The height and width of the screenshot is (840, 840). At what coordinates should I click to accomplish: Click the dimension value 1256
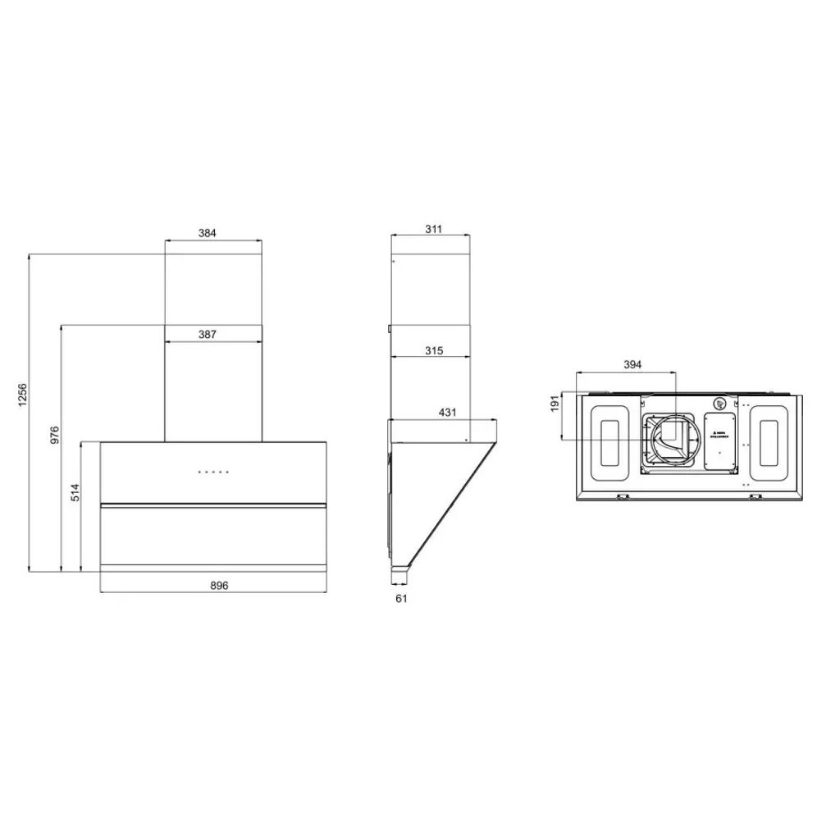pos(22,397)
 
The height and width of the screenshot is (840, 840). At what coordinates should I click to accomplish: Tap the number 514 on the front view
pos(74,492)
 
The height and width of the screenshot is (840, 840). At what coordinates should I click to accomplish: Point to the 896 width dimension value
pos(218,585)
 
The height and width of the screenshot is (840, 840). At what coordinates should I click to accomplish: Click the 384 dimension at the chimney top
pos(208,233)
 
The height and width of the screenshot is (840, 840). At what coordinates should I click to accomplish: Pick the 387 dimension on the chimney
pos(208,334)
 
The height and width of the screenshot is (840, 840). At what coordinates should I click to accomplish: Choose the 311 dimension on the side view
pos(434,229)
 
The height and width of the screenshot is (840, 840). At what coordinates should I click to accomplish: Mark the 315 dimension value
pos(434,350)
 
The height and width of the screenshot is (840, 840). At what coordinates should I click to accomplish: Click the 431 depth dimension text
pos(447,412)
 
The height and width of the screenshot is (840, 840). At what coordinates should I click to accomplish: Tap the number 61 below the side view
pos(401,598)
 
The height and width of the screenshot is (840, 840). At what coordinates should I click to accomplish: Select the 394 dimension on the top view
pos(632,364)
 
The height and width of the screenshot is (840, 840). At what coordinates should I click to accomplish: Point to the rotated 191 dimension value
pos(555,404)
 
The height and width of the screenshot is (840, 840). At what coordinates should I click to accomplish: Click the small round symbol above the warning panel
pos(719,404)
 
